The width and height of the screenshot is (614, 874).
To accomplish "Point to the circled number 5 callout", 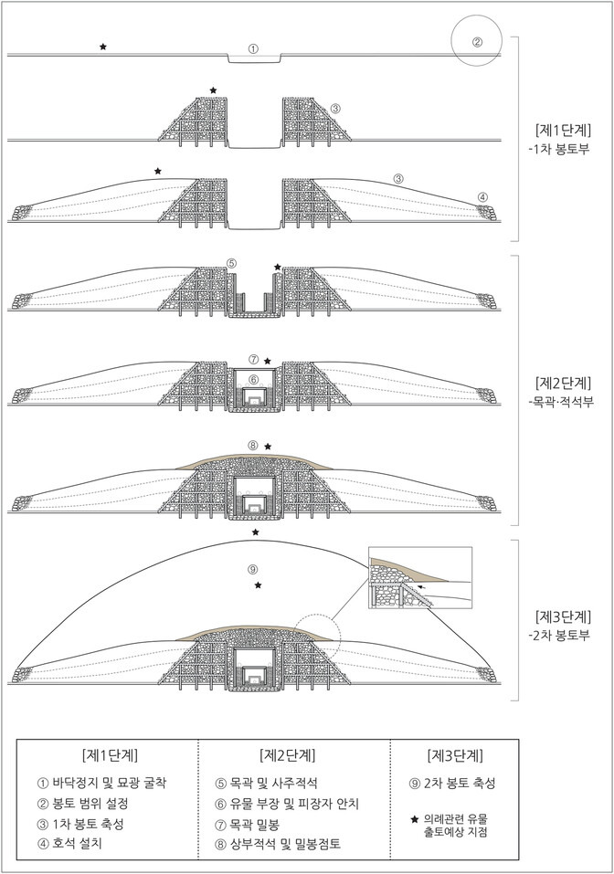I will [232, 264].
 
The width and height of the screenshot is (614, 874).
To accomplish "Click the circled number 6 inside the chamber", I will [254, 379].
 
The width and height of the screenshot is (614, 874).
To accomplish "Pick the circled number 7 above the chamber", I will [254, 360].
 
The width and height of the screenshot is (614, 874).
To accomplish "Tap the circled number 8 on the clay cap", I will [253, 446].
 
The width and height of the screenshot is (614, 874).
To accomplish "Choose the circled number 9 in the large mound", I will [253, 569].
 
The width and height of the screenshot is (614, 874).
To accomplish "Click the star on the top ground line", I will [103, 46].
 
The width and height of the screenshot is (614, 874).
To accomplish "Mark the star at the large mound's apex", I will [255, 532].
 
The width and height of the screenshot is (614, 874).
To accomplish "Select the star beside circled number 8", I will [268, 447].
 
